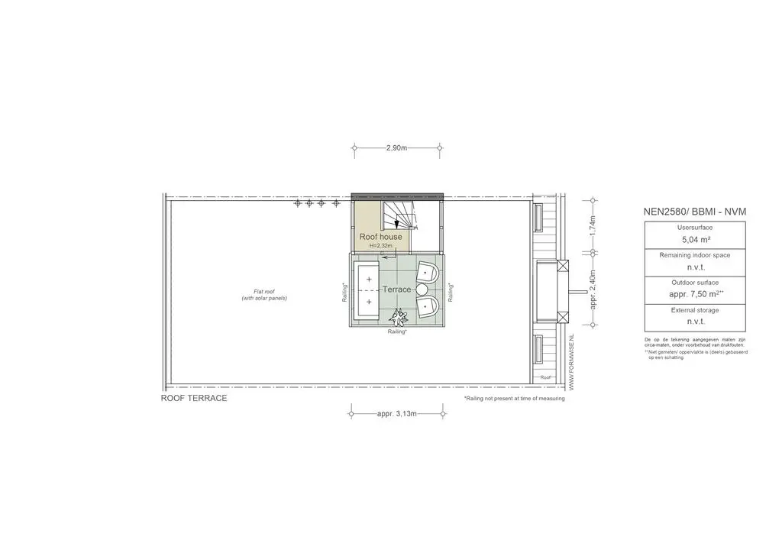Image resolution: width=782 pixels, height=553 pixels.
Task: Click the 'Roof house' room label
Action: [x=380, y=237]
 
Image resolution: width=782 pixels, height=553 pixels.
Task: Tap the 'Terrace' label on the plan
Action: [x=396, y=289]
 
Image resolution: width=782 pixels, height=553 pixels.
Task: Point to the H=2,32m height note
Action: [x=380, y=246]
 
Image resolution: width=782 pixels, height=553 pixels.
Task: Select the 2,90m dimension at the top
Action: [x=397, y=147]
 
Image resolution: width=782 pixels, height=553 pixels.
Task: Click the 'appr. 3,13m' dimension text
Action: [x=396, y=414]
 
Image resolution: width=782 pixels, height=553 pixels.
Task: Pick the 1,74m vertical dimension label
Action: [x=593, y=228]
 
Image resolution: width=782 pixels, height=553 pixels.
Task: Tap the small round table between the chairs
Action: [x=422, y=289]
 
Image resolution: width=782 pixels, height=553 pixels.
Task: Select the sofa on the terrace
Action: [x=369, y=291]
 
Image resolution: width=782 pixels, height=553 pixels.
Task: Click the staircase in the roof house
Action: [x=400, y=215]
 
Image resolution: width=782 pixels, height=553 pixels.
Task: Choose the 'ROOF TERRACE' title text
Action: [x=194, y=399]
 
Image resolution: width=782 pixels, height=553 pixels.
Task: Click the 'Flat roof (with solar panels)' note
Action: [x=259, y=295]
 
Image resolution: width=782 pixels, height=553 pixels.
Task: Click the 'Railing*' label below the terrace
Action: [x=396, y=332]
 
